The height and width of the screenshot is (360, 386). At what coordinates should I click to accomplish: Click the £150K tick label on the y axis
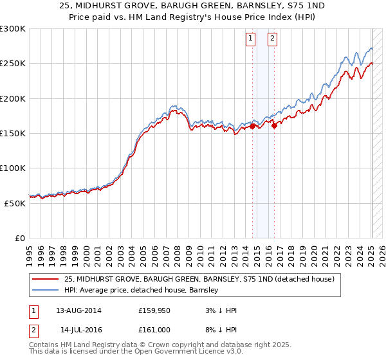click(13, 133)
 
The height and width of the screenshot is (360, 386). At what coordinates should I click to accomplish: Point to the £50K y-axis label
click(15, 203)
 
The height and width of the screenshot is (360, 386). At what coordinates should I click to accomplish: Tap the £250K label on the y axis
click(13, 64)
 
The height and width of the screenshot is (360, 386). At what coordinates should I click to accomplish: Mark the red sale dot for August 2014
click(253, 126)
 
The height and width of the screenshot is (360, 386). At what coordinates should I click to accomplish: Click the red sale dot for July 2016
click(275, 125)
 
